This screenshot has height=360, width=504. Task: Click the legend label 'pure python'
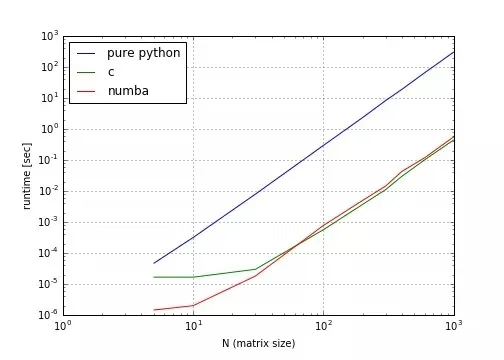tap(144, 52)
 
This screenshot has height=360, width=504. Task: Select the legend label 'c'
tap(111, 71)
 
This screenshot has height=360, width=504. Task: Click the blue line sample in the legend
tap(86, 52)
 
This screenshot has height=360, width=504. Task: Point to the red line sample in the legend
tap(86, 91)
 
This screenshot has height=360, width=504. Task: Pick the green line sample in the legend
tap(86, 71)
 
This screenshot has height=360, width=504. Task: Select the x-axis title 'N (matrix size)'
tap(259, 343)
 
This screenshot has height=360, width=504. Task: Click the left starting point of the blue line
tap(154, 263)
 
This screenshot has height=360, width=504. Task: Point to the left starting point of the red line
tap(154, 310)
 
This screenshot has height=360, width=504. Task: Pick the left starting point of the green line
tap(154, 277)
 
